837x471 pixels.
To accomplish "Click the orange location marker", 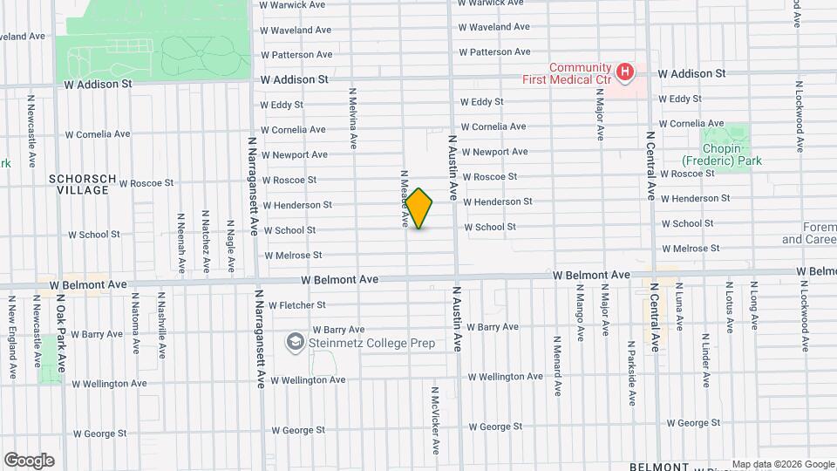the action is coord(419,208).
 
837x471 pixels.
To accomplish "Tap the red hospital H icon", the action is coord(624,72).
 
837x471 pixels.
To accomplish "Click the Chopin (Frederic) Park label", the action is coord(722,154).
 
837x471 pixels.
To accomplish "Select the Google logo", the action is coord(29,461).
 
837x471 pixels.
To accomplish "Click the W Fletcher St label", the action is coord(296,305).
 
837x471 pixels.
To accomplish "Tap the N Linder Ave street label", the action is coord(705,360).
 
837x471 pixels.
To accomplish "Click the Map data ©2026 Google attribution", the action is coord(782,464).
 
